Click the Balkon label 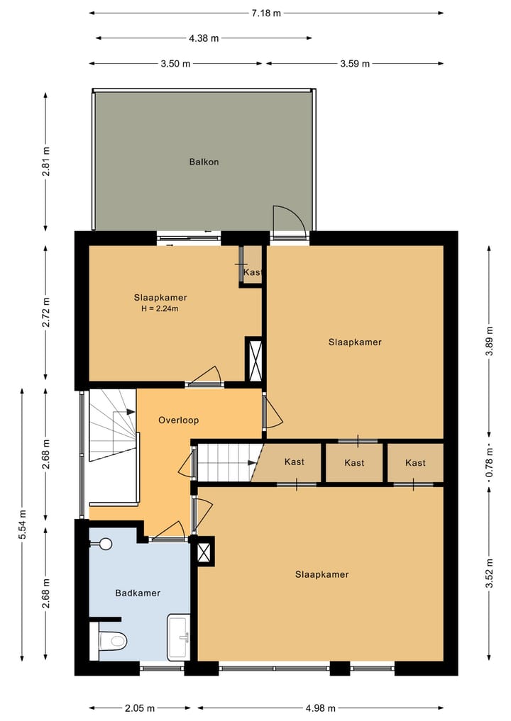pos(204,162)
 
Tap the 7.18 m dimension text pos(266,13)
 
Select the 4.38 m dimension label pos(204,38)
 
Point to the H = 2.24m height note pos(160,309)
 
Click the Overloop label pos(179,420)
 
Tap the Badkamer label pos(138,593)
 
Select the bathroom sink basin pos(179,637)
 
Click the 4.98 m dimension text pos(321,708)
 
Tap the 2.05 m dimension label pos(140,708)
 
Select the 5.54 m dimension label pos(22,525)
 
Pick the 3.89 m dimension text pos(490,341)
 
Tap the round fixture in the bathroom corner pos(106,544)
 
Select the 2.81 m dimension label pos(45,162)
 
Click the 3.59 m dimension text pos(355,64)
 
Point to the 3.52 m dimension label pos(490,573)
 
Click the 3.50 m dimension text pos(175,64)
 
